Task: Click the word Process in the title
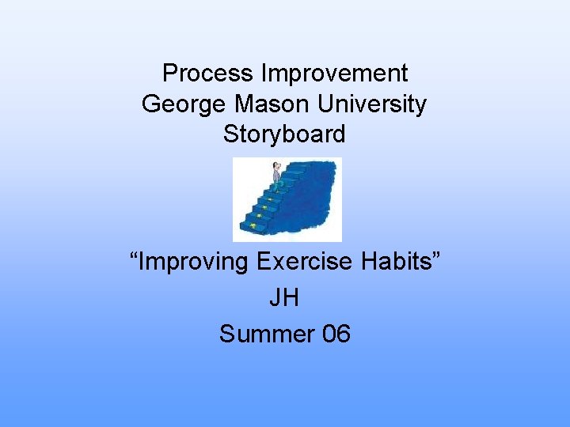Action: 198,74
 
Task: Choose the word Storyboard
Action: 284,134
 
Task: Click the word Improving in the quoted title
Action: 196,262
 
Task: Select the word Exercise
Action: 310,261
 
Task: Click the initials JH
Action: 285,297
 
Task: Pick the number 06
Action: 336,334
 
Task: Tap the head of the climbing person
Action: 276,165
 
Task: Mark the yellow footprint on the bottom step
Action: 253,226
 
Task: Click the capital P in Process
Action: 169,74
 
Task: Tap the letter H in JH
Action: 292,297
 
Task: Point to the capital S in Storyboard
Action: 230,134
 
